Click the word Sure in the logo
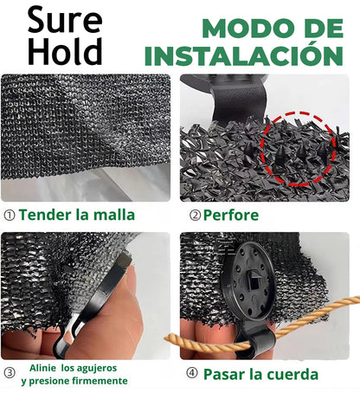click(65, 20)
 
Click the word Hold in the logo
click(65, 51)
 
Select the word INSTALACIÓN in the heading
click(244, 55)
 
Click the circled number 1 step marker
click(10, 216)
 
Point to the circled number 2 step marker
click(195, 216)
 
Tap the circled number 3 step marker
click(10, 373)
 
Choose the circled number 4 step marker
click(192, 373)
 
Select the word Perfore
click(231, 216)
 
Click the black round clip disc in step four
click(248, 281)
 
